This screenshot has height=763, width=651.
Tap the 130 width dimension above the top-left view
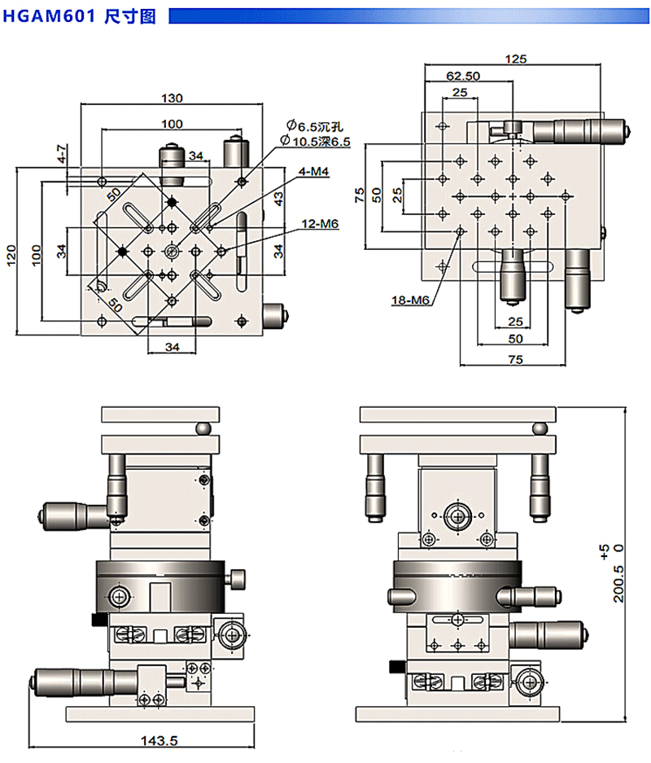[x=171, y=98]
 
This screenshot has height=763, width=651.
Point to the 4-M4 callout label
[x=313, y=172]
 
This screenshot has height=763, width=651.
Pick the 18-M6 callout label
[x=409, y=300]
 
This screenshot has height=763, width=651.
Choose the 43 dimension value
[x=277, y=195]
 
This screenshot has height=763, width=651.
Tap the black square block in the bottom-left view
[x=98, y=621]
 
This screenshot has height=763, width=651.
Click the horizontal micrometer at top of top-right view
[x=570, y=128]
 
